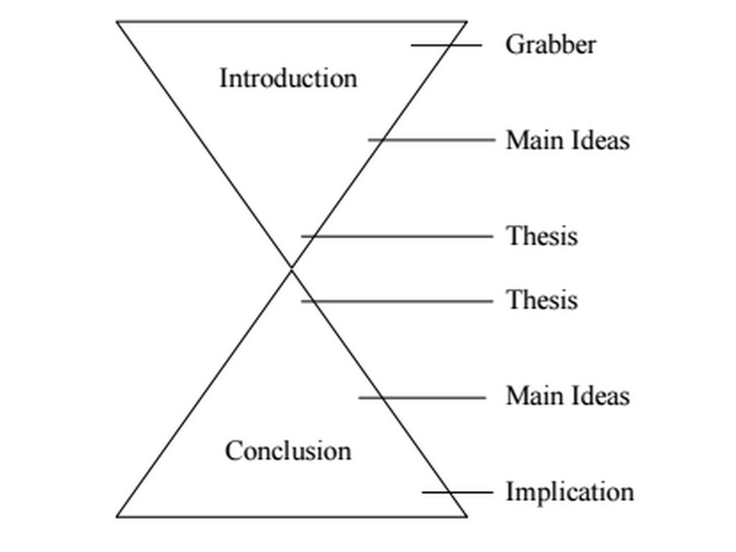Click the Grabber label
[551, 45]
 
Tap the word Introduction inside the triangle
[287, 78]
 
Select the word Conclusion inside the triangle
[287, 451]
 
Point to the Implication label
[570, 492]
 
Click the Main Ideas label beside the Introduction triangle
[567, 140]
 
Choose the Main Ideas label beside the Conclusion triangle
[567, 396]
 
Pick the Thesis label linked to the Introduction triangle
[542, 236]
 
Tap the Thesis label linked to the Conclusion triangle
[542, 300]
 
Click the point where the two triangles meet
[291, 268]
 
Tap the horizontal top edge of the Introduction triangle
[291, 22]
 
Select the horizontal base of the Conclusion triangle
[291, 516]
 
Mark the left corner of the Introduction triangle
[118, 22]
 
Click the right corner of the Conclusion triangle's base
[466, 515]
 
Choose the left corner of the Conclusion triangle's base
[118, 515]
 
